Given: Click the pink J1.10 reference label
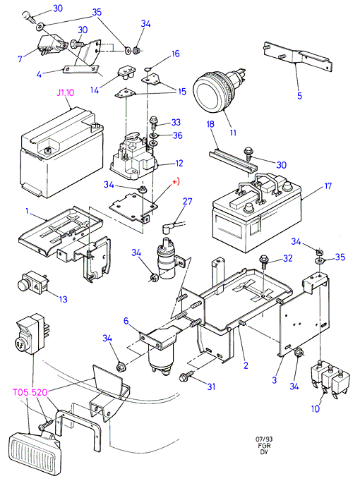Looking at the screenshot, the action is [x=66, y=93].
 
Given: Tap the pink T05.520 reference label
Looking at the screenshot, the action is [x=30, y=392].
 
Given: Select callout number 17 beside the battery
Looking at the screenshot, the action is [x=328, y=186].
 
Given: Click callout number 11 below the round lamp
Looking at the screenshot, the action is [x=233, y=133].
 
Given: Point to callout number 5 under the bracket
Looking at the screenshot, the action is [x=299, y=96].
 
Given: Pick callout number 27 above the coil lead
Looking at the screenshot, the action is [x=187, y=201].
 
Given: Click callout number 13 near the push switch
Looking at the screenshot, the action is [x=64, y=299].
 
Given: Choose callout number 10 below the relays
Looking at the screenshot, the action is [x=316, y=409].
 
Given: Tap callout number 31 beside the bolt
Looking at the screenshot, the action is [x=211, y=387].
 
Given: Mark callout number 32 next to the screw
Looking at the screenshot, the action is [x=287, y=258].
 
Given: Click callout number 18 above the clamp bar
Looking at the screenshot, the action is [x=210, y=124].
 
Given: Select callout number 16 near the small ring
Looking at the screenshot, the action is [x=175, y=54].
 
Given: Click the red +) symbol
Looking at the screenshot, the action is [x=176, y=182].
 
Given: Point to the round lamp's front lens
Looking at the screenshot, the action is [x=205, y=93].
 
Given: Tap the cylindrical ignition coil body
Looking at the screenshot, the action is [x=166, y=260].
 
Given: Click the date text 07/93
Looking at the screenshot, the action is [x=264, y=439].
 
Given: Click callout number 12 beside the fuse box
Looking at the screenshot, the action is [x=179, y=163].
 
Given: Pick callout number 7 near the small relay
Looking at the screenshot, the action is [x=20, y=59].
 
